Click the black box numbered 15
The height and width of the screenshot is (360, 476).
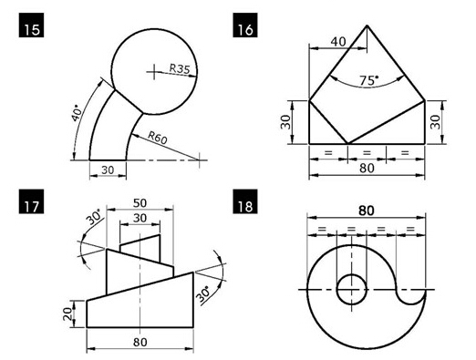click(31, 26)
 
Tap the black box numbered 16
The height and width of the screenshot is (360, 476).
click(245, 26)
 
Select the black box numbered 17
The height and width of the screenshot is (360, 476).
click(31, 201)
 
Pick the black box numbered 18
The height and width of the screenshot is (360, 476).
click(245, 201)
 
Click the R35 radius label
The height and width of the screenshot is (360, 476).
click(180, 69)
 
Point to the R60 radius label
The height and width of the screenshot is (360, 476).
click(158, 138)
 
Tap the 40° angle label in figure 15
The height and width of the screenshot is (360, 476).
click(77, 113)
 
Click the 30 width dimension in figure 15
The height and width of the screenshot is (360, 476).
click(108, 170)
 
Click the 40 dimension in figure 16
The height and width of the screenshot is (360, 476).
click(338, 42)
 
